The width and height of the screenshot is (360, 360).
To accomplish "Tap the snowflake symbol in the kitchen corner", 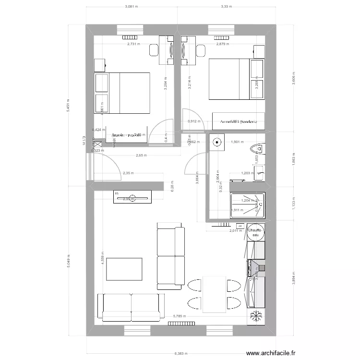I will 255,316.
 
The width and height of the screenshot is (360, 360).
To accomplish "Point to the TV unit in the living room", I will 132,196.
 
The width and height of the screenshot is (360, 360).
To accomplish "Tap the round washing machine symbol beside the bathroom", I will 217,142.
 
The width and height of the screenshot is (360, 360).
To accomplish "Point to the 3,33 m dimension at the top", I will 226,7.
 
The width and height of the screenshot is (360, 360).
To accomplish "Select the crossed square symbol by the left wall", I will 98,144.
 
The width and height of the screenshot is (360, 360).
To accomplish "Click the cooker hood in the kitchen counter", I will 257,267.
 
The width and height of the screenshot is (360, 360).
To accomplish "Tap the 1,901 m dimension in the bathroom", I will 238,142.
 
